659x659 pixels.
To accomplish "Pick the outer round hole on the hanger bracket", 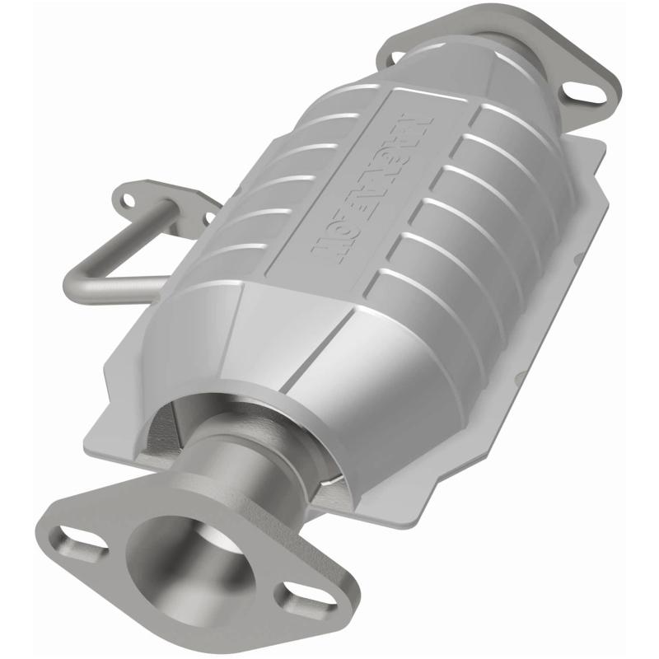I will point(126,199).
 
